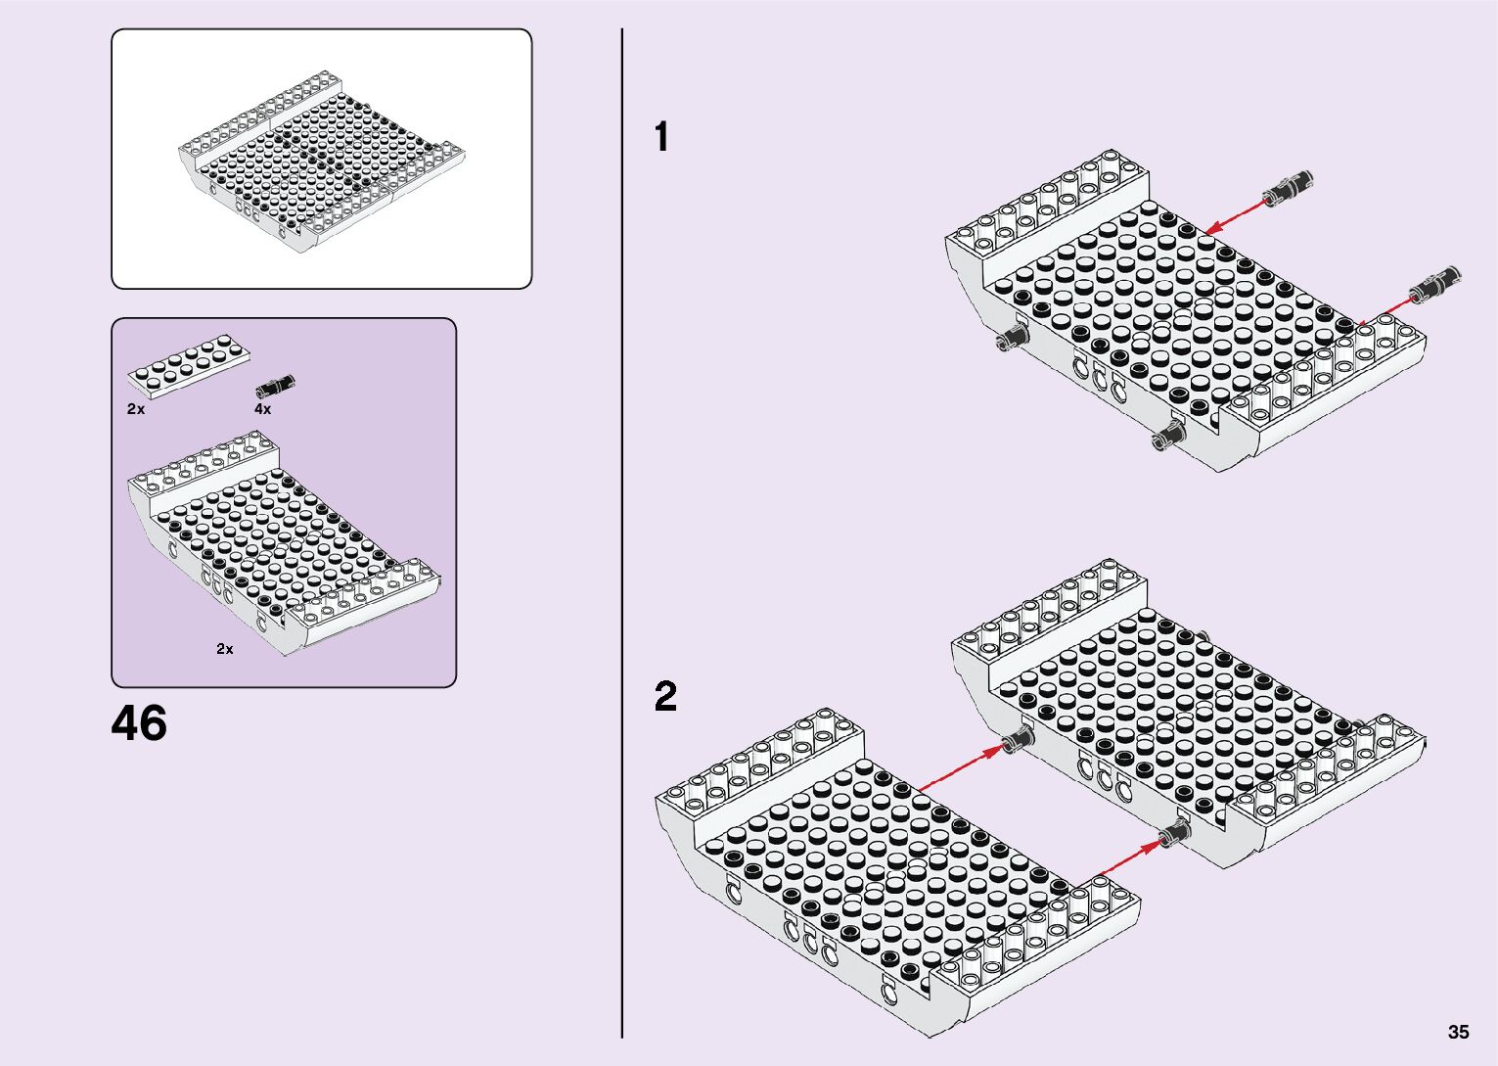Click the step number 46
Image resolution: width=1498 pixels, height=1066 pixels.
139,724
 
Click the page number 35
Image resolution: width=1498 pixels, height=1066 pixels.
1458,1032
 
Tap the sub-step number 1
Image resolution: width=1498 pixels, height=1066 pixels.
662,137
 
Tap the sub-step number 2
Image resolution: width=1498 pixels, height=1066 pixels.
665,697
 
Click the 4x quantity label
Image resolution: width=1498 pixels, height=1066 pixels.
262,409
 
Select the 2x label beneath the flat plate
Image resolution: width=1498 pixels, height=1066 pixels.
136,409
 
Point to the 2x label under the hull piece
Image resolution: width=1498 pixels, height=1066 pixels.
225,649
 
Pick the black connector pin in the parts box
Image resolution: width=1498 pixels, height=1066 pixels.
275,387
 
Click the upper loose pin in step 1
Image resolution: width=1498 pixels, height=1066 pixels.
1288,188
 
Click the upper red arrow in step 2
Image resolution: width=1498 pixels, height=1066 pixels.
960,769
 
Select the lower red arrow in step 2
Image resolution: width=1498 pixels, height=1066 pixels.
1126,858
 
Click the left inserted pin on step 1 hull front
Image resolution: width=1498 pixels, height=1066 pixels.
1010,339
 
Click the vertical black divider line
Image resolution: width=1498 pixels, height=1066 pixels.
622,533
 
